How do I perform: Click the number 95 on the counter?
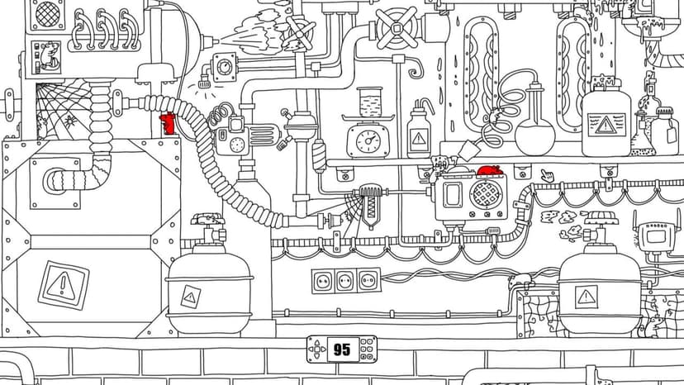341,349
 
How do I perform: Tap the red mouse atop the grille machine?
491,170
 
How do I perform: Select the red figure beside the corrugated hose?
168,124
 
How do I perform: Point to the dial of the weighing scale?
368,141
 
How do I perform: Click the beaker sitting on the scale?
370,102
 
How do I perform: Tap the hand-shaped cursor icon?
547,176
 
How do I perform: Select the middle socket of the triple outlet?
345,280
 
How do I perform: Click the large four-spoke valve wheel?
397,28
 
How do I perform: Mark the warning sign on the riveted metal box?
64,286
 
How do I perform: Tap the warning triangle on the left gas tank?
190,297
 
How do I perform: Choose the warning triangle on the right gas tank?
587,297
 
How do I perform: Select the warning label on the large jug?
606,125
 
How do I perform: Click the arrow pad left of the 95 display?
317,349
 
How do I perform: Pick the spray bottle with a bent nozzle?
419,128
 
